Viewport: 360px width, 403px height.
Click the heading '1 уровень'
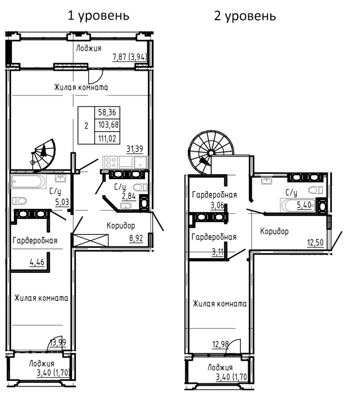(98, 16)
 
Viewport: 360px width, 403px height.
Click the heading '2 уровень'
(245, 16)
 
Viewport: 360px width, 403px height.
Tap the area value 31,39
(135, 149)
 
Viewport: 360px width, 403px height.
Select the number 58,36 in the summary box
(107, 112)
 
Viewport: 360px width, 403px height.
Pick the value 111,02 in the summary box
(107, 139)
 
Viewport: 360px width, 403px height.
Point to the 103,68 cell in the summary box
(108, 125)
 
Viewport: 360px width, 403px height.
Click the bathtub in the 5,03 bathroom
(29, 181)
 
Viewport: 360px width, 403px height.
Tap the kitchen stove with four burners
(111, 162)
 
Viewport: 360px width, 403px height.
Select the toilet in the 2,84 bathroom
(141, 187)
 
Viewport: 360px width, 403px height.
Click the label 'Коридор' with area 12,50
(274, 231)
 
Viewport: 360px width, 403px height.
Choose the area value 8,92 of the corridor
(136, 238)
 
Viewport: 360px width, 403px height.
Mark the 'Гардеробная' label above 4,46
(35, 241)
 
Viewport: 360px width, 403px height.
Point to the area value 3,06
(218, 206)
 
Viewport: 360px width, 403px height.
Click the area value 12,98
(221, 344)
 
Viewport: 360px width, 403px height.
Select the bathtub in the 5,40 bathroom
(297, 205)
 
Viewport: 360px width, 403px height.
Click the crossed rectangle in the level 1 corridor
(91, 240)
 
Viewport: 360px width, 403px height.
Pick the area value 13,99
(58, 343)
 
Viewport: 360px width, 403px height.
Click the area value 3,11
(218, 252)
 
